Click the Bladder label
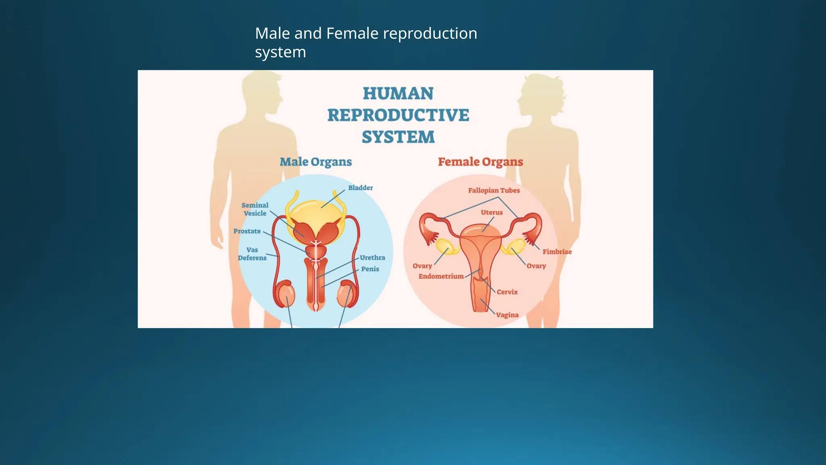coord(360,188)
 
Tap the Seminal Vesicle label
coord(255,209)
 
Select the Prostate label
coord(247,231)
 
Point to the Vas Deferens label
coord(252,254)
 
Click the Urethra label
coord(372,258)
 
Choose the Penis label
coord(370,269)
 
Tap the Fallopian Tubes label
coord(494,191)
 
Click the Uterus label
coord(492,212)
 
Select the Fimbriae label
coord(557,252)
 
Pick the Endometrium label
coord(441,276)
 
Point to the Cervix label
coord(507,292)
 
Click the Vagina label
coord(507,315)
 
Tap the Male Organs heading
coord(316,162)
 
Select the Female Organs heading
coord(480,162)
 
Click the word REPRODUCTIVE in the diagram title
coord(398,115)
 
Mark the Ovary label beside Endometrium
coord(422,266)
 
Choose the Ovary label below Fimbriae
coord(536,266)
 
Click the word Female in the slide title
coord(352,34)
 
